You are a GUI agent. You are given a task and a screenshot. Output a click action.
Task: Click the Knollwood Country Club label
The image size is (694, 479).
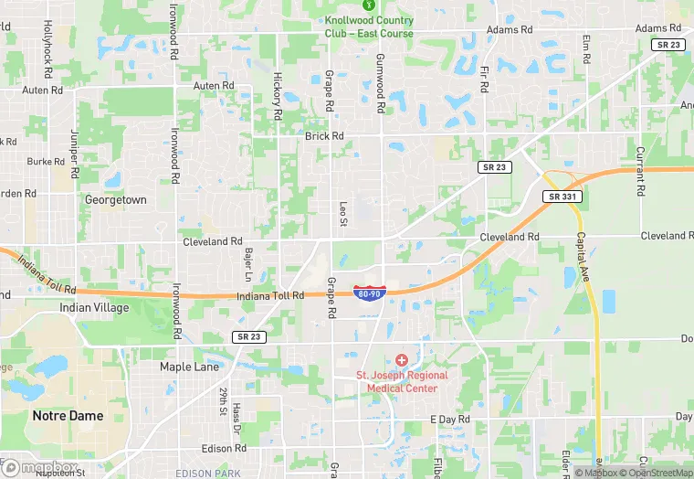click(x=369, y=27)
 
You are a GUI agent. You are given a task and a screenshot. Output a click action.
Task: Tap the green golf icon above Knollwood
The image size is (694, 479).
click(x=369, y=5)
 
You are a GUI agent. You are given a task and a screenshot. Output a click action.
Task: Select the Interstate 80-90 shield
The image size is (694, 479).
click(x=369, y=293)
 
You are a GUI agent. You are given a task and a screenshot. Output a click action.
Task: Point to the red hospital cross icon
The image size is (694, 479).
click(x=401, y=361)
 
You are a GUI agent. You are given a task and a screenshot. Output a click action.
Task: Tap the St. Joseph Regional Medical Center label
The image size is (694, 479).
click(x=402, y=381)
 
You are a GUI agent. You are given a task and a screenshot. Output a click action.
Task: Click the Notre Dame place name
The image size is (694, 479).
click(x=68, y=415)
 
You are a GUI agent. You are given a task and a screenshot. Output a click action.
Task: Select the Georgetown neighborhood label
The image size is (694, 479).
click(x=115, y=199)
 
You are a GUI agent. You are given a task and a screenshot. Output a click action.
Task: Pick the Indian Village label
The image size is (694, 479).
click(x=88, y=307)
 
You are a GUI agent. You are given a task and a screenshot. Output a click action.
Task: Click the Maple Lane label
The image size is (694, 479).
click(x=189, y=367)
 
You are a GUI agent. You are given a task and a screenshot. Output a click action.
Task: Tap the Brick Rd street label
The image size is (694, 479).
click(x=324, y=136)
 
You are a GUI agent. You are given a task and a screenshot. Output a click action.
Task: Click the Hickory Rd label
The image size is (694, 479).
click(x=277, y=96)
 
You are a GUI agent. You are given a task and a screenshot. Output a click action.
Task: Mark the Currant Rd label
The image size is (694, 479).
click(x=640, y=171)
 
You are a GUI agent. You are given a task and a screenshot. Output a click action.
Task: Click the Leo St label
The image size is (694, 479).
click(x=343, y=216)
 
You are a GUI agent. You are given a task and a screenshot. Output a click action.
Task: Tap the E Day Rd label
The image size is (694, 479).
click(x=450, y=419)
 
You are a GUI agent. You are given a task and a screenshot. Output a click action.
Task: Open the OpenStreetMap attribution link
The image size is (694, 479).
click(x=654, y=473)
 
